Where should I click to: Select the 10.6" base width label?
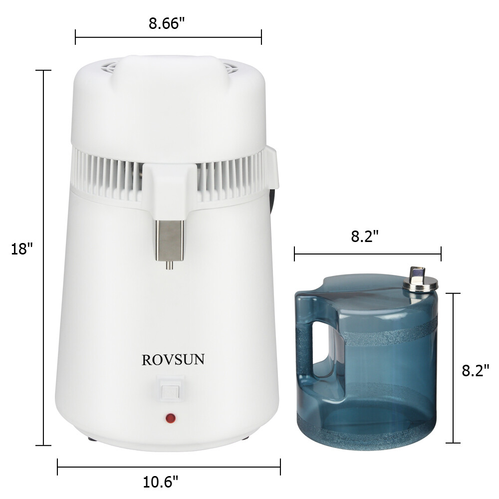coord(161,482)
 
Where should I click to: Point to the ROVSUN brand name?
coord(173,360)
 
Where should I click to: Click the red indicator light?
coord(170,417)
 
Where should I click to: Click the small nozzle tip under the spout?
coord(170,266)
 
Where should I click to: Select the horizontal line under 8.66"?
coord(168,37)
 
